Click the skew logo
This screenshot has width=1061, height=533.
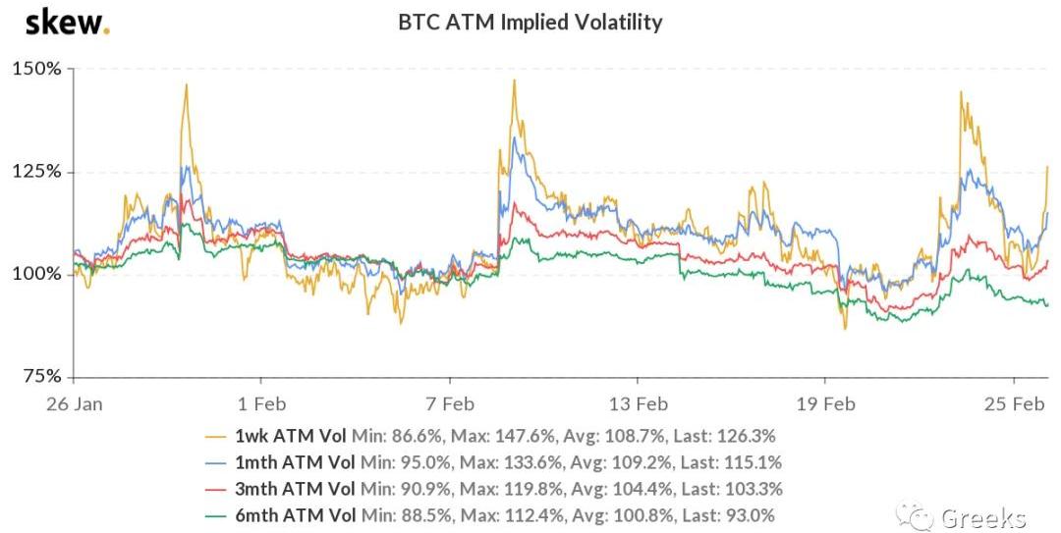pos(67,22)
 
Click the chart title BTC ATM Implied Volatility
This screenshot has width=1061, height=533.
pos(530,22)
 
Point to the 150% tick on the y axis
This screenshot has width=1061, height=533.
pos(36,70)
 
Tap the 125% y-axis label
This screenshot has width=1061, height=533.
pos(37,172)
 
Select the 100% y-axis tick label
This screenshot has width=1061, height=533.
pos(36,274)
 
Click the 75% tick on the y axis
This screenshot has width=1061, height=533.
pos(41,376)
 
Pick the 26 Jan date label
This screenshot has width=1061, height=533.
pos(74,403)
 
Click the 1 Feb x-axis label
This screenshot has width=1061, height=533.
pos(261,403)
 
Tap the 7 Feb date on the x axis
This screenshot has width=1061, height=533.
pos(450,403)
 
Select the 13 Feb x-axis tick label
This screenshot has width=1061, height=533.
pos(638,403)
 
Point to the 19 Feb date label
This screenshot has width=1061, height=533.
pos(825,403)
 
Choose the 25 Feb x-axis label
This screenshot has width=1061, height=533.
pos(1013,403)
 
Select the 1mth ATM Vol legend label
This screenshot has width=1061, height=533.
pos(298,462)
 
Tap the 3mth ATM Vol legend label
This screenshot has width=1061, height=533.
pos(298,489)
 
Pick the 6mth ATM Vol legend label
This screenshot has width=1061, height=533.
pos(298,515)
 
